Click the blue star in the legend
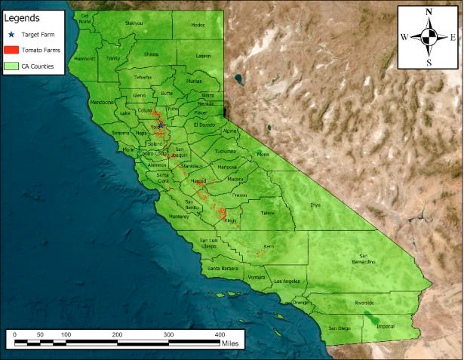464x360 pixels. coord(11,34)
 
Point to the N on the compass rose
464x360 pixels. coord(429,12)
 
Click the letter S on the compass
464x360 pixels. coord(429,63)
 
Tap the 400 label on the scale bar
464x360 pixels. coord(220,334)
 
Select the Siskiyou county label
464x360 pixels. coord(133,23)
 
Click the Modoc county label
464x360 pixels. coord(198,25)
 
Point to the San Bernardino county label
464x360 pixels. coord(367,259)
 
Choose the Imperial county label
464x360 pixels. coord(385,327)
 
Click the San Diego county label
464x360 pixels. coord(340,328)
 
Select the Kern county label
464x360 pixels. coord(270,247)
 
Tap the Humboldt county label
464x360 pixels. coord(84,58)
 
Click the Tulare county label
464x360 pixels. coord(267,213)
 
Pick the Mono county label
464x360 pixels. coord(262,155)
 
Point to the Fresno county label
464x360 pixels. coord(240,195)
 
